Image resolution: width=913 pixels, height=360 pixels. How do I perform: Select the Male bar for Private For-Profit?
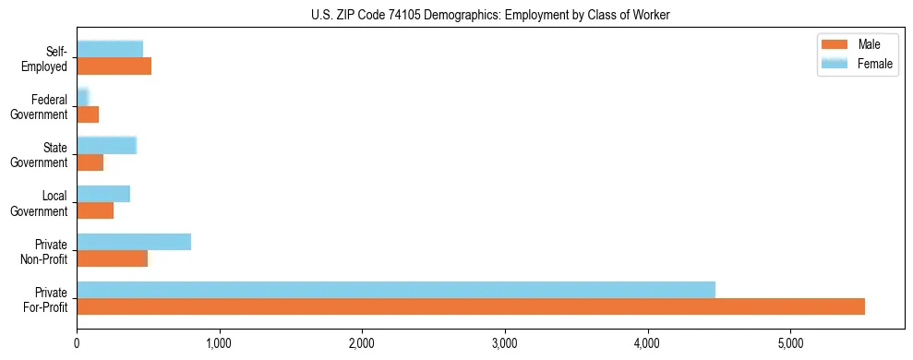coord(471,306)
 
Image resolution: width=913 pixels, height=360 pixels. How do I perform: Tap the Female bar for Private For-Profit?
coord(396,290)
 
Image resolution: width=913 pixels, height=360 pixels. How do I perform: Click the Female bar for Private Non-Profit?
coord(134,242)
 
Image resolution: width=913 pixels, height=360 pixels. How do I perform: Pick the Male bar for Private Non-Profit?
coord(112,258)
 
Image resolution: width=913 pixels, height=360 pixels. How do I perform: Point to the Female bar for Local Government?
coord(103,194)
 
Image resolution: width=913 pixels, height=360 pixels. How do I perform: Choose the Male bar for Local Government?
coord(95,210)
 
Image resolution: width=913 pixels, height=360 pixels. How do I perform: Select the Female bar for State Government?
coord(106,145)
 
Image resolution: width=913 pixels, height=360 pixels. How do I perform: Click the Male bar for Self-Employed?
coord(114,66)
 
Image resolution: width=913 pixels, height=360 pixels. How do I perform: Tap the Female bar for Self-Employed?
coord(110,49)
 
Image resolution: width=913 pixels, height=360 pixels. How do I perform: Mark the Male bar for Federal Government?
coord(88,114)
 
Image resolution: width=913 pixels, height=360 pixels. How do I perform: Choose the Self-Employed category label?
coord(47,58)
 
